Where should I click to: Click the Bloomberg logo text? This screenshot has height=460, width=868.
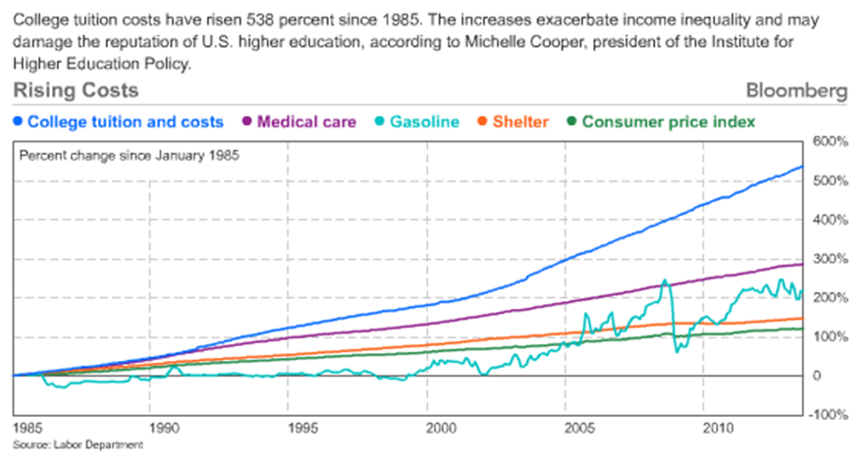[x=796, y=91]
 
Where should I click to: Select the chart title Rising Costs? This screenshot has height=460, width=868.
[x=76, y=91]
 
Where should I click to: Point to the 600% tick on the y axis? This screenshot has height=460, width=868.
[x=831, y=142]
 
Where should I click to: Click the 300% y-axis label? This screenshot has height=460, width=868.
[x=831, y=258]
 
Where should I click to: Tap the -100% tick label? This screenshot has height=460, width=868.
[x=829, y=414]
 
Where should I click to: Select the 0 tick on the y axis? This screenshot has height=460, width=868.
[x=816, y=376]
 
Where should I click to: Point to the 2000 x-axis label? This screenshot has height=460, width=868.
[x=442, y=429]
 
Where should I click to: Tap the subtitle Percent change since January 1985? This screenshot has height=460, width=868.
[x=130, y=155]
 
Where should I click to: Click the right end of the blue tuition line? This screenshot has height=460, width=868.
[x=802, y=167]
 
